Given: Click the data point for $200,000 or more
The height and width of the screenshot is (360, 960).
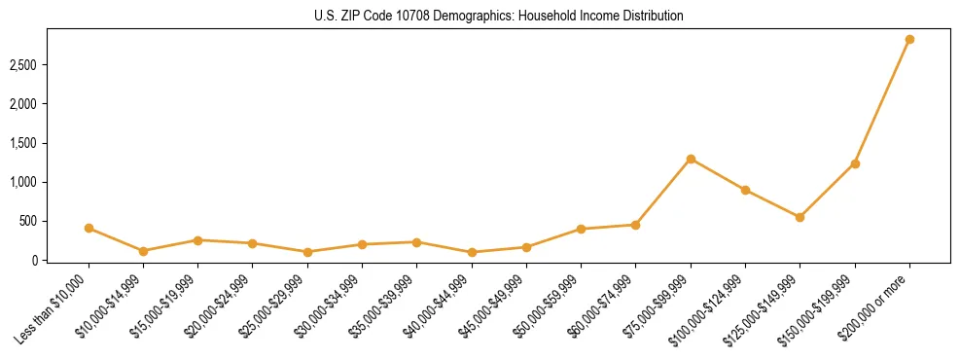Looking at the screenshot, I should click(909, 40).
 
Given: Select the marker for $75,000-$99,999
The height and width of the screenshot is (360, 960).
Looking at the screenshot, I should click(691, 159).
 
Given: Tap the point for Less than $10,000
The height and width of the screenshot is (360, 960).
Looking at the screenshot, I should click(89, 228).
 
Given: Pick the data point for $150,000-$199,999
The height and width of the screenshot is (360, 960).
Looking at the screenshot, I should click(855, 163).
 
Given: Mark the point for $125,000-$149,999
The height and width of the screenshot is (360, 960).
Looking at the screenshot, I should click(800, 217).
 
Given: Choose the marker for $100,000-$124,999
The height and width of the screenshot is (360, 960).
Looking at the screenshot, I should click(745, 190).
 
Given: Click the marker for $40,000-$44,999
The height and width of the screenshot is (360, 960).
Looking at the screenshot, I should click(472, 252).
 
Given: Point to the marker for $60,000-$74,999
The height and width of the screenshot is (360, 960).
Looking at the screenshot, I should click(635, 225).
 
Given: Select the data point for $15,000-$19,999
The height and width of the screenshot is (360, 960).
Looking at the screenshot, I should click(197, 239).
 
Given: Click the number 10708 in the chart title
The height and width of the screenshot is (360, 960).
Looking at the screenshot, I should click(424, 17).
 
